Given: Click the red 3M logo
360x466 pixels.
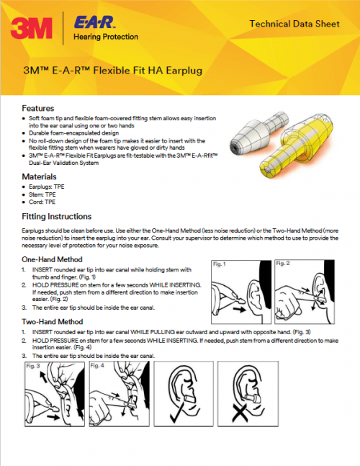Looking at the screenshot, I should [x=32, y=27].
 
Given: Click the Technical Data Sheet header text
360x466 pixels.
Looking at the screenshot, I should [x=294, y=24].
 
